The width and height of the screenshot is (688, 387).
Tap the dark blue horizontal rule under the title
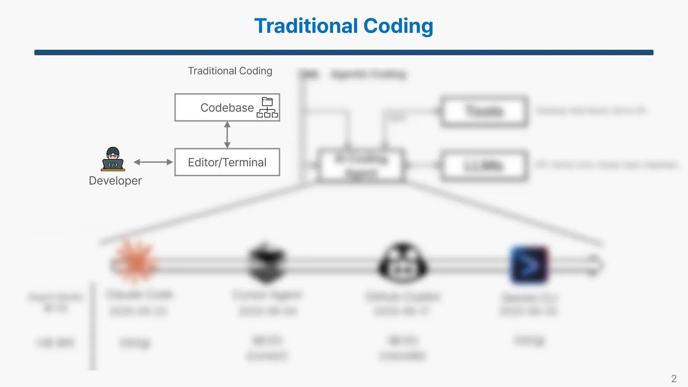tap(344, 52)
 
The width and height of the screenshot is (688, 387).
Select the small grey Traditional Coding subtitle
tap(230, 71)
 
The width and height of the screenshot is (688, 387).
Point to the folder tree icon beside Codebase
tap(267, 107)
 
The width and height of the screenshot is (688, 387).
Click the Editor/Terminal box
tap(227, 162)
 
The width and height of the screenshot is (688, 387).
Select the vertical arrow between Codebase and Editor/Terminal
tap(227, 135)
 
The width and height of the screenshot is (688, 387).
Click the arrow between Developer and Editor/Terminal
tap(153, 162)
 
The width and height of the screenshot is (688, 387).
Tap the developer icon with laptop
tap(113, 159)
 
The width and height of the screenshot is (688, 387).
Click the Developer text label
tap(115, 181)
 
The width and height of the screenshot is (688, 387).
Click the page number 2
tap(674, 379)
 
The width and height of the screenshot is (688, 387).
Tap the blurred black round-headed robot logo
tap(403, 264)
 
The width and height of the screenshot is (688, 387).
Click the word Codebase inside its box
tap(227, 107)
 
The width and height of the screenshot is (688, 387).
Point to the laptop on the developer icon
tap(113, 165)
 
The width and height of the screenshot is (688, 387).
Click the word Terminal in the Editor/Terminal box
tap(244, 162)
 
